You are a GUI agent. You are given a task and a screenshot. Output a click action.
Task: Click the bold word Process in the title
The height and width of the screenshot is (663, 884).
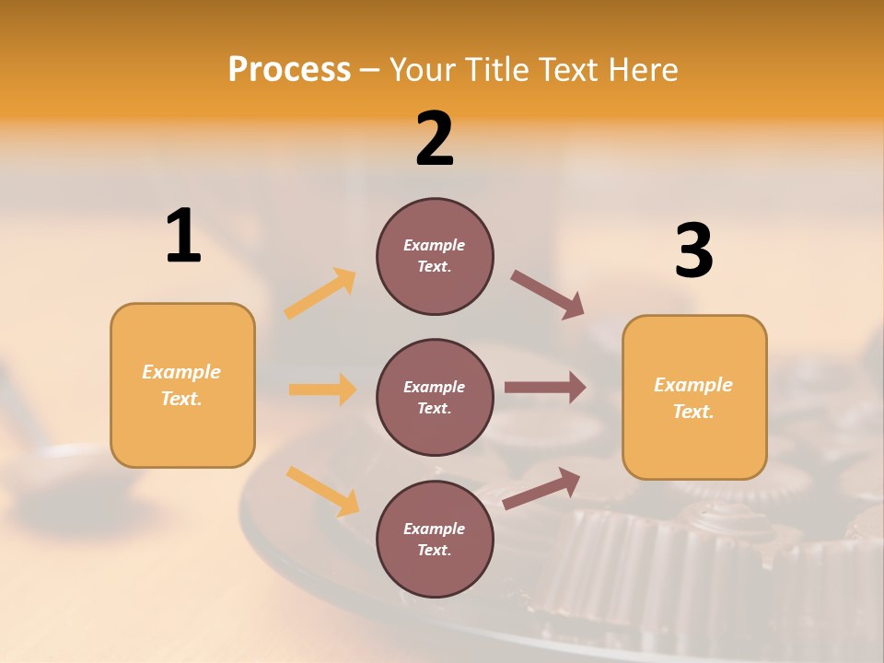coord(289,70)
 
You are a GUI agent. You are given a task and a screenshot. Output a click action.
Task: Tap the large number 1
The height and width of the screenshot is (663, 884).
coord(183,236)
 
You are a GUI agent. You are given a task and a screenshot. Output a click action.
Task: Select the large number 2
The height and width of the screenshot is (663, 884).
coord(435,139)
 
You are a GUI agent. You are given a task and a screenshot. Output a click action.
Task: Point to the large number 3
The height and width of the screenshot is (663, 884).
coord(693,251)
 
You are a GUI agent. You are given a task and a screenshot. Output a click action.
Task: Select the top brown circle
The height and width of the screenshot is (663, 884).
coord(435,256)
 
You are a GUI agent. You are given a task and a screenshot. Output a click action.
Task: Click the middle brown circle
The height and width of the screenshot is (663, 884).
coord(435,397)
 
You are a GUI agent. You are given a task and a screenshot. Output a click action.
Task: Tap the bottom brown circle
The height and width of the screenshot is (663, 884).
coord(435,539)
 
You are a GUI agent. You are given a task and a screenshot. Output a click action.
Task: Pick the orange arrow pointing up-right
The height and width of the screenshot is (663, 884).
coord(320,294)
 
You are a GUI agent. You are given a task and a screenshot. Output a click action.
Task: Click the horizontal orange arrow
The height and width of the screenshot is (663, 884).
coord(322,390)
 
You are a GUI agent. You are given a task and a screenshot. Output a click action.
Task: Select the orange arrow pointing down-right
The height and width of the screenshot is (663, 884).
coord(322,491)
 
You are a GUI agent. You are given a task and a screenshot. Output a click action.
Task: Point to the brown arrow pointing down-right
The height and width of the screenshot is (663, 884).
coord(547,295)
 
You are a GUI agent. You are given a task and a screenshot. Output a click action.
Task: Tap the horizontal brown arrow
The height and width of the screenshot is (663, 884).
coord(544,388)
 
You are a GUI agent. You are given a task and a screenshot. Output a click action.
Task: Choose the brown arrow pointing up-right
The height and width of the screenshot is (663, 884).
coord(541,489)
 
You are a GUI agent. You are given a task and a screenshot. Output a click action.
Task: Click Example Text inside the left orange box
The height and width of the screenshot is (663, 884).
coord(181,385)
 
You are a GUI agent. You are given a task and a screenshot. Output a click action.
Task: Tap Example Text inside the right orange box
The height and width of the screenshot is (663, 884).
coord(693,398)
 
